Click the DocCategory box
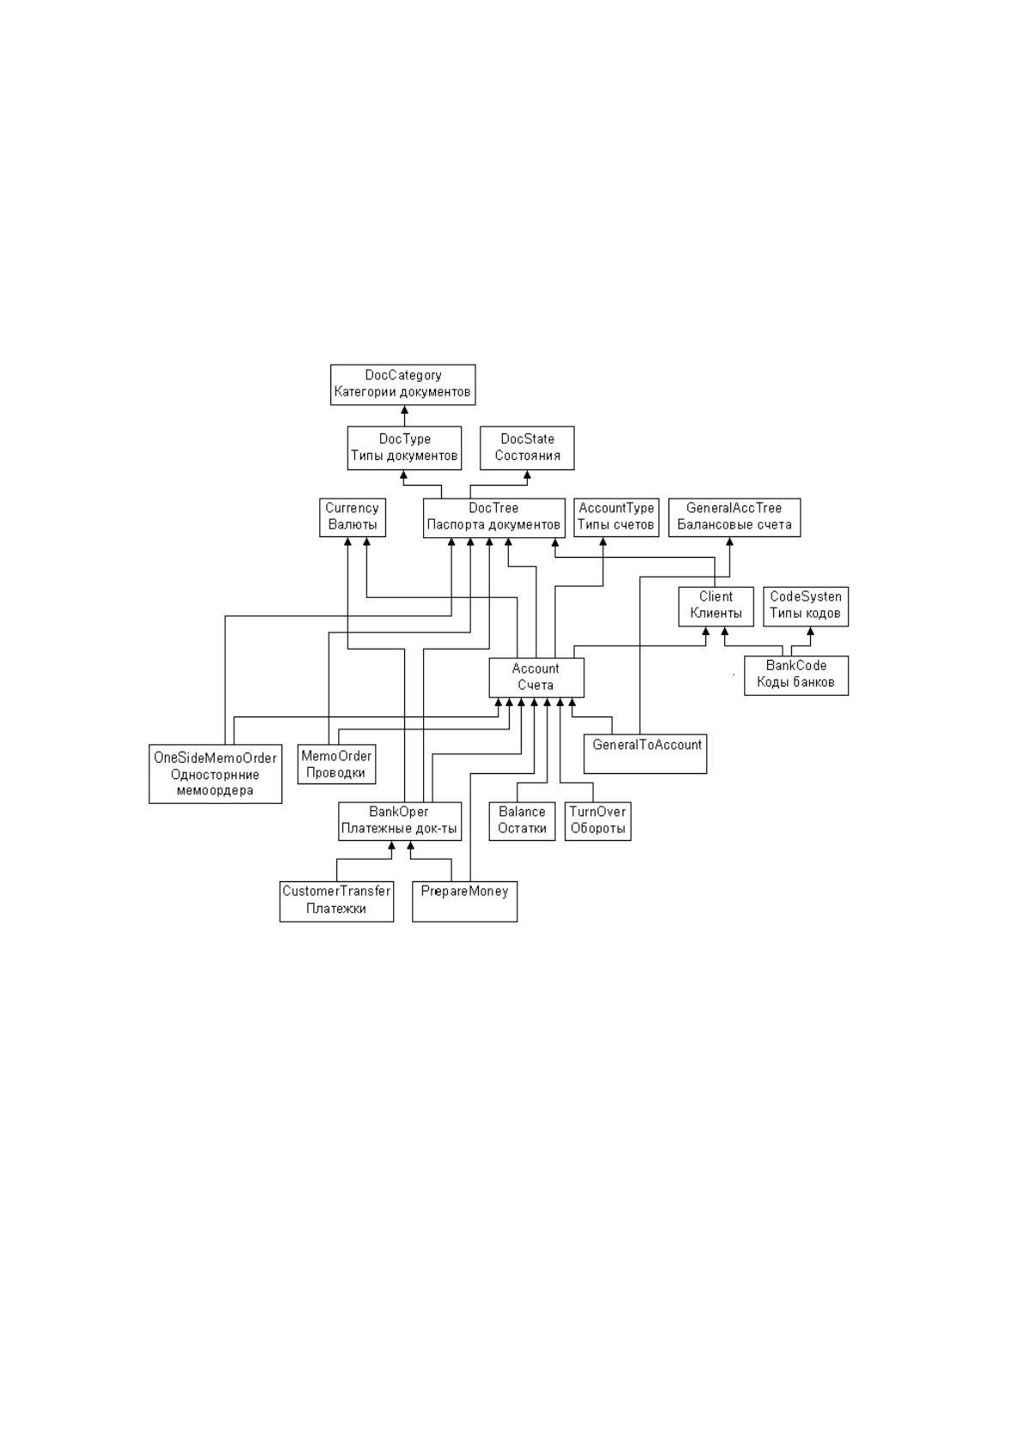pyautogui.click(x=402, y=384)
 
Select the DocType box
pyautogui.click(x=404, y=448)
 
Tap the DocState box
pyautogui.click(x=527, y=448)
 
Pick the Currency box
pyautogui.click(x=353, y=517)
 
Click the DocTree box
pyautogui.click(x=493, y=517)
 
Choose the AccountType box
pyautogui.click(x=616, y=517)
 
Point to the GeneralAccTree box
pyautogui.click(x=735, y=517)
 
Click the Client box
pyautogui.click(x=716, y=607)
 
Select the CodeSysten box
pyautogui.click(x=805, y=607)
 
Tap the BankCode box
pyautogui.click(x=796, y=675)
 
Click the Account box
pyautogui.click(x=536, y=677)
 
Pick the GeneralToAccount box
pyautogui.click(x=645, y=753)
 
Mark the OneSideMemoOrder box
pyautogui.click(x=215, y=774)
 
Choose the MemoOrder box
pyautogui.click(x=336, y=765)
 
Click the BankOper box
pyautogui.click(x=400, y=821)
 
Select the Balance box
pyautogui.click(x=522, y=821)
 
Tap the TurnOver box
pyautogui.click(x=597, y=821)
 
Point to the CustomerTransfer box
pyautogui.click(x=336, y=901)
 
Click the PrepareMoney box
pyautogui.click(x=464, y=901)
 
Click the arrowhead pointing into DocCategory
pyautogui.click(x=404, y=409)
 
